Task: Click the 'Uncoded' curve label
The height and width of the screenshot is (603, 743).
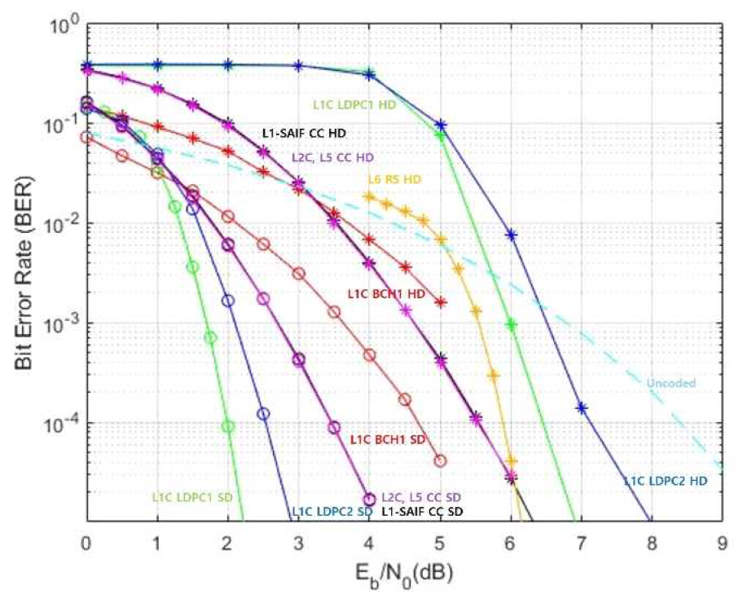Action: click(666, 383)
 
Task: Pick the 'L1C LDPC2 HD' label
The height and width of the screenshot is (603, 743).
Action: click(666, 481)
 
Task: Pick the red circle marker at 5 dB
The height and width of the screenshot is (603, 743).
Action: click(441, 460)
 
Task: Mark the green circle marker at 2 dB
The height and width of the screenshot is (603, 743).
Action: click(228, 426)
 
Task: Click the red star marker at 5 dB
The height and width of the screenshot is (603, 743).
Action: click(441, 302)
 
